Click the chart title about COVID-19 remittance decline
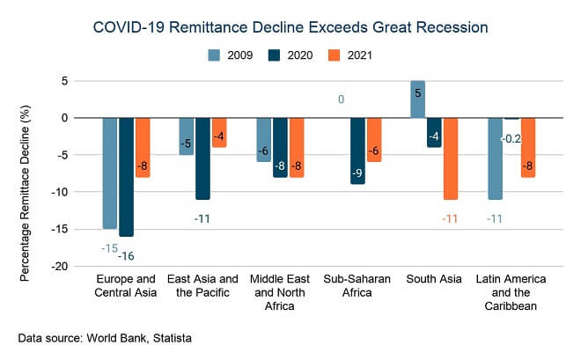(290, 28)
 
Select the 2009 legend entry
(232, 55)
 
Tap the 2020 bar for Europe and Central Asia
(127, 176)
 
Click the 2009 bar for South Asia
(418, 99)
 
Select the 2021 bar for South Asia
(451, 158)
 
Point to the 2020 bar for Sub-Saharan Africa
(357, 151)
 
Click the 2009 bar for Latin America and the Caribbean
(495, 158)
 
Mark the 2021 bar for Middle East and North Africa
(297, 147)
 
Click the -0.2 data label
(511, 139)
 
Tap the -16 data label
(127, 255)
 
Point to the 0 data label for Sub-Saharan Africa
(341, 99)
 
